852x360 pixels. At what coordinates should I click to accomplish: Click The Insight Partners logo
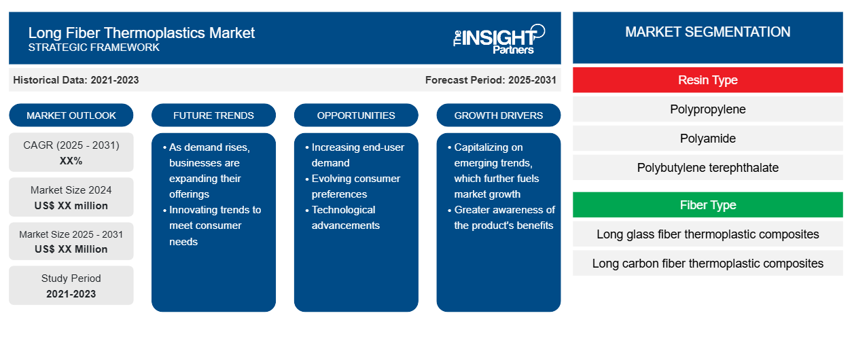pyautogui.click(x=499, y=39)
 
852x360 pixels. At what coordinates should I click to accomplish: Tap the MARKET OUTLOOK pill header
pyautogui.click(x=71, y=115)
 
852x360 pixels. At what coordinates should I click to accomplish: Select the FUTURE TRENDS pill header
pyautogui.click(x=213, y=115)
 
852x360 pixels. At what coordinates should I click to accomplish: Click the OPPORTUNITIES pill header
pyautogui.click(x=356, y=115)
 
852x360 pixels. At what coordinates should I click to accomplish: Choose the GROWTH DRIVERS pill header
pyautogui.click(x=498, y=115)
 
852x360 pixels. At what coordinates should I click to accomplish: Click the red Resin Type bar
pyautogui.click(x=708, y=80)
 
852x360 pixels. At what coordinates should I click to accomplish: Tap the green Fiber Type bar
pyautogui.click(x=708, y=205)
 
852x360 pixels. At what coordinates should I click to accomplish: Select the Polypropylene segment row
pyautogui.click(x=708, y=109)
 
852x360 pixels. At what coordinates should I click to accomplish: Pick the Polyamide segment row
pyautogui.click(x=708, y=139)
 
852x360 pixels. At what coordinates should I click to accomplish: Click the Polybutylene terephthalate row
pyautogui.click(x=708, y=168)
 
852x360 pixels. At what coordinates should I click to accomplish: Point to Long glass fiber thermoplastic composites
pyautogui.click(x=708, y=234)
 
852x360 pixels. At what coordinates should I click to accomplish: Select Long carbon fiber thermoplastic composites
pyautogui.click(x=708, y=263)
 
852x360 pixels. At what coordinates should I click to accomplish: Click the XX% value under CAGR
pyautogui.click(x=71, y=161)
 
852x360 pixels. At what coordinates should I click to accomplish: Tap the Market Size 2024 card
pyautogui.click(x=71, y=197)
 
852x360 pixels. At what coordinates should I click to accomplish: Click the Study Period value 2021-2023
pyautogui.click(x=71, y=294)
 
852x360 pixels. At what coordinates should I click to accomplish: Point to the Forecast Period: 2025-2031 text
pyautogui.click(x=491, y=80)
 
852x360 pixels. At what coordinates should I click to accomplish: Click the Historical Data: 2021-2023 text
pyautogui.click(x=76, y=80)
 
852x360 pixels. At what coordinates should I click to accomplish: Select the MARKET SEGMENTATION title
pyautogui.click(x=708, y=32)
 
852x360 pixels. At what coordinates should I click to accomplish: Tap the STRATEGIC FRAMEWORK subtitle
pyautogui.click(x=94, y=48)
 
